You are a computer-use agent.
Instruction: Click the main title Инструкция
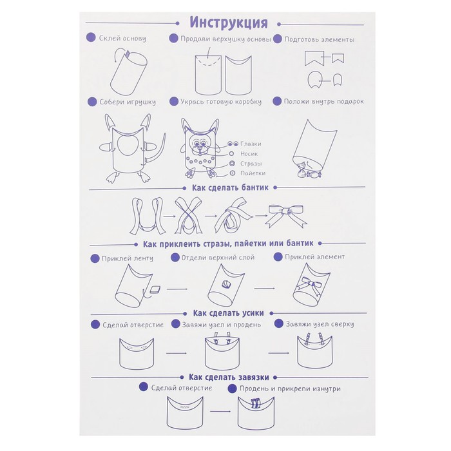229,23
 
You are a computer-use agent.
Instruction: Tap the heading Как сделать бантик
230,188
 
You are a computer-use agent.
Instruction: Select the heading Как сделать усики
228,313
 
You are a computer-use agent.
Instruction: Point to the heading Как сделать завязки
229,377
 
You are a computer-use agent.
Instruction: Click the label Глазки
251,144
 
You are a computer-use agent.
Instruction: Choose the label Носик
249,154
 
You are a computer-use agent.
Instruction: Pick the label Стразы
251,164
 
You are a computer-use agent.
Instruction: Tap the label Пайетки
253,173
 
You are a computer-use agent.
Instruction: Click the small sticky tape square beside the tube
155,289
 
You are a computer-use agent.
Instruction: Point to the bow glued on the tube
312,284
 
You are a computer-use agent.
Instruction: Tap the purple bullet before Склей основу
91,38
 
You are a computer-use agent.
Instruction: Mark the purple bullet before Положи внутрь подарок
277,101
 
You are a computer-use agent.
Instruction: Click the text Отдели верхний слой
218,258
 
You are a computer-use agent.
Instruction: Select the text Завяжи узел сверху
320,324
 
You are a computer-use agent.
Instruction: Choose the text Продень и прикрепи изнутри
290,389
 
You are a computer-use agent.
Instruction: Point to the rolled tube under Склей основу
129,72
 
